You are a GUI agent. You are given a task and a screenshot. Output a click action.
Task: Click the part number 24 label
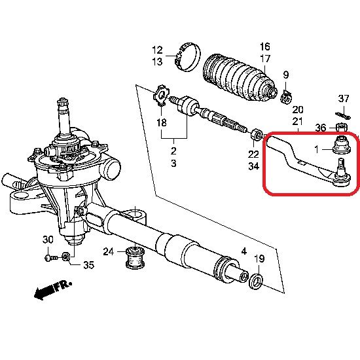[x=108, y=251]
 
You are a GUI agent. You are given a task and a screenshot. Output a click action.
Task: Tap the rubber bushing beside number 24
[x=135, y=257]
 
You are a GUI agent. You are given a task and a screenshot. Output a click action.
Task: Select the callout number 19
[x=259, y=259]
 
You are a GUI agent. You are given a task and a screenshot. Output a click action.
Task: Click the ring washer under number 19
[x=256, y=281]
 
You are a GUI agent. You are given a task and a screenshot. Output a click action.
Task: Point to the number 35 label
[x=88, y=265]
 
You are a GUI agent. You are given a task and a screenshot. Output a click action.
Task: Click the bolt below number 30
[x=52, y=258]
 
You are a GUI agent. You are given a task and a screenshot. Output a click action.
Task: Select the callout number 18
[x=162, y=122]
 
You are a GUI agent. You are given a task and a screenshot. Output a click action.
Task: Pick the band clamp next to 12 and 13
[x=188, y=57]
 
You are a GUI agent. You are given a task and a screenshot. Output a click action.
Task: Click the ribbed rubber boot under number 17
[x=239, y=77]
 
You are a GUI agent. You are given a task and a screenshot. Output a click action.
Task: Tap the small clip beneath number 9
[x=286, y=96]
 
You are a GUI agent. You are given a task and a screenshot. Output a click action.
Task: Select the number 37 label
[x=344, y=98]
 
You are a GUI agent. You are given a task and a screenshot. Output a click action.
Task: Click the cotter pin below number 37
[x=343, y=115]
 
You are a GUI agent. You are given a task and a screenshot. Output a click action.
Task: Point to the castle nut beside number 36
[x=342, y=127]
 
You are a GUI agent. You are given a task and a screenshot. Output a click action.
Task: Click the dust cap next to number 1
[x=342, y=145]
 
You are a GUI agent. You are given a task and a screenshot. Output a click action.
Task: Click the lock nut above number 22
[x=257, y=135]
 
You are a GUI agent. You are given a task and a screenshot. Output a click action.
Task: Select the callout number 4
[x=243, y=251]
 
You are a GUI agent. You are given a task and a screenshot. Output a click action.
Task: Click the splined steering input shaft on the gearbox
[x=63, y=117]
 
